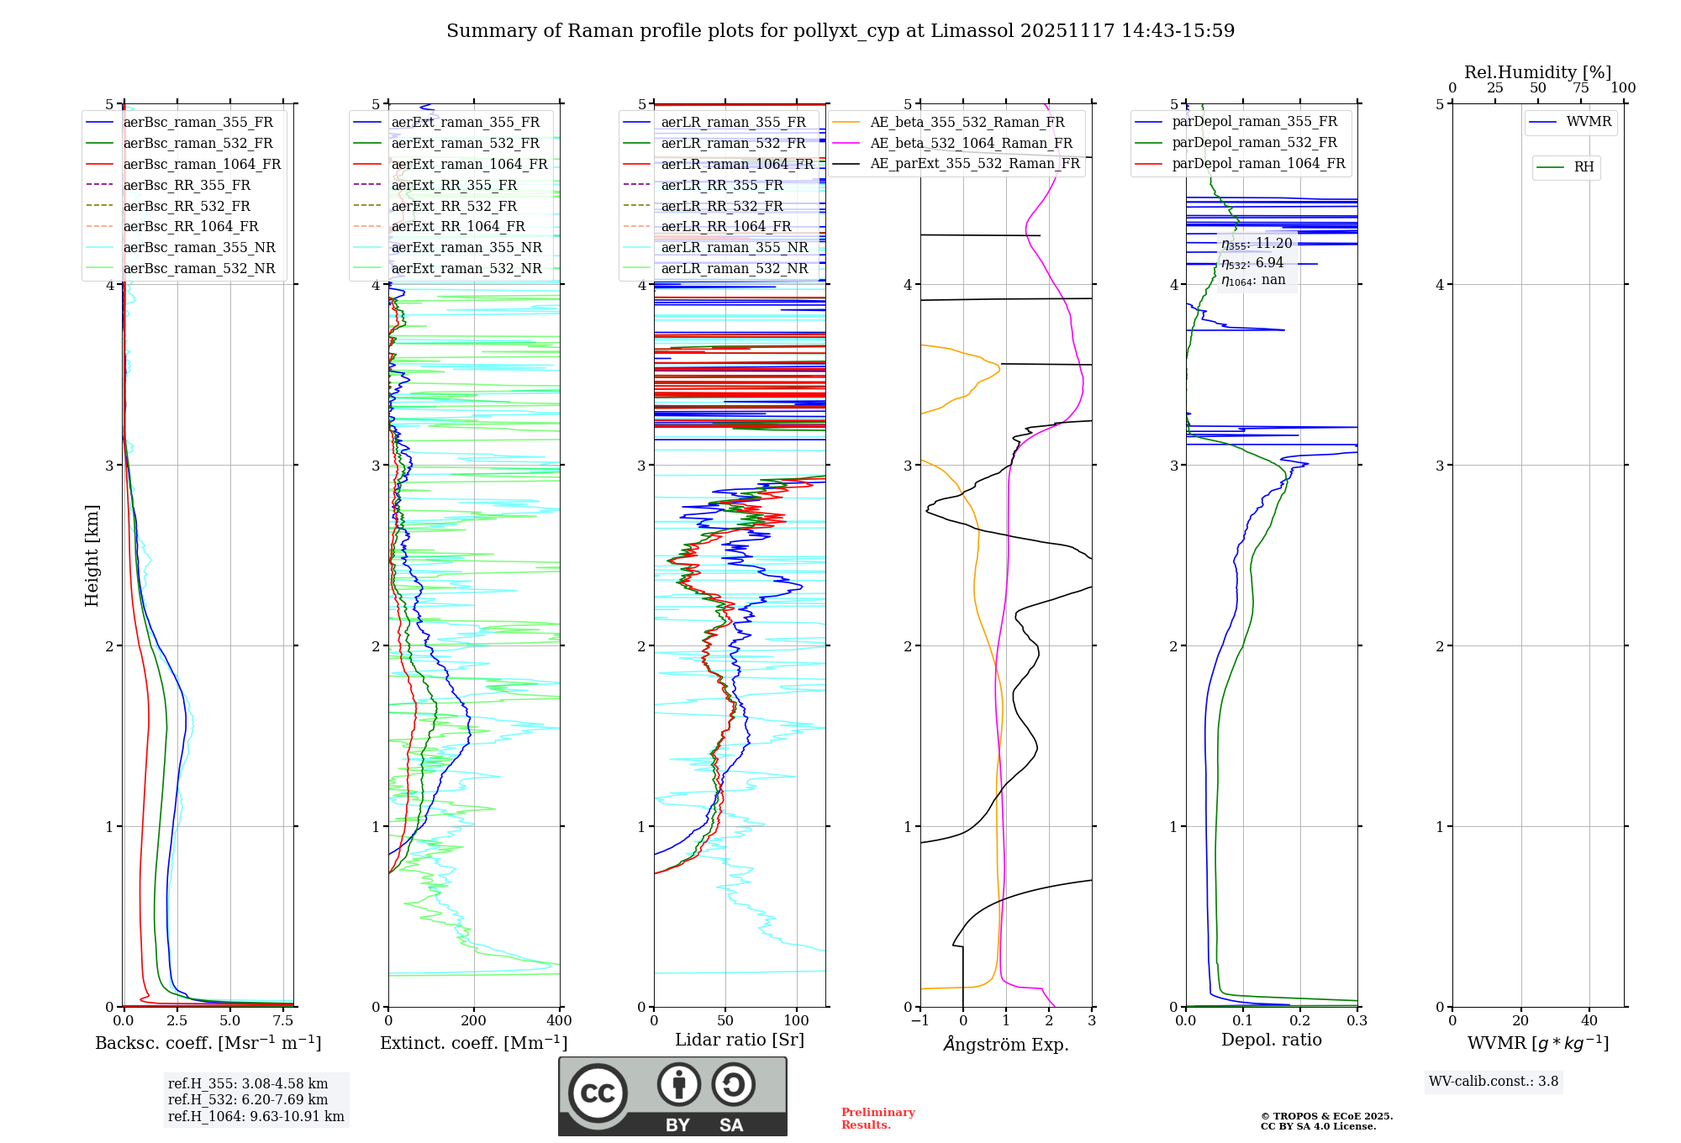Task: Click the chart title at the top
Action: (x=840, y=31)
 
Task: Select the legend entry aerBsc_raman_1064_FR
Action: (x=202, y=164)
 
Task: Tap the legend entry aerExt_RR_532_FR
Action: (x=454, y=206)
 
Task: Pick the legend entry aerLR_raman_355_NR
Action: (x=734, y=247)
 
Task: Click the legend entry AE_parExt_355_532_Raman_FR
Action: (x=974, y=163)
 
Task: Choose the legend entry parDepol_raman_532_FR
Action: (x=1254, y=143)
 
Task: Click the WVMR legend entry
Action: (x=1589, y=122)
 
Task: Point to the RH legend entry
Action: (x=1584, y=167)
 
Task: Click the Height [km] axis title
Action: (x=92, y=556)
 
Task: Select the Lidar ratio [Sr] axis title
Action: (x=740, y=1040)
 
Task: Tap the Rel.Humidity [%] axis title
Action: (x=1537, y=72)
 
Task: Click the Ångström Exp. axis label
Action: (x=1006, y=1044)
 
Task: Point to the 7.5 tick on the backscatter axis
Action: (x=284, y=1020)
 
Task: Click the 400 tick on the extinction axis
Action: (x=560, y=1020)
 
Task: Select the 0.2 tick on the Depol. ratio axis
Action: (x=1300, y=1020)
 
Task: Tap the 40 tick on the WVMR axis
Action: (x=1589, y=1020)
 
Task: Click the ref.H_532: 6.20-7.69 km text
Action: (x=248, y=1099)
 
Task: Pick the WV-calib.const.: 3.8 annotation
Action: (x=1494, y=1082)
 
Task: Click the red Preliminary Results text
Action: (x=877, y=1119)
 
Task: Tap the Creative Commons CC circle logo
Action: (x=598, y=1093)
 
